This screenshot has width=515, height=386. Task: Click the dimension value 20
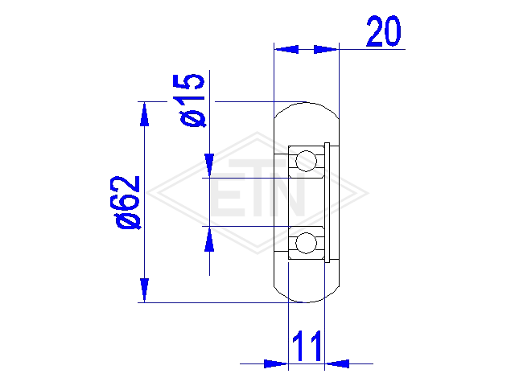[x=384, y=31]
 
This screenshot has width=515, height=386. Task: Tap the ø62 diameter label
[x=126, y=203]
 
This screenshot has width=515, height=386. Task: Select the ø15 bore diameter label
[x=192, y=100]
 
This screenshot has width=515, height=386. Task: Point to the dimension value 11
[x=307, y=346]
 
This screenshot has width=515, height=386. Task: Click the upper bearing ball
[x=306, y=161]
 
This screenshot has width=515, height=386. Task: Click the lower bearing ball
[x=306, y=243]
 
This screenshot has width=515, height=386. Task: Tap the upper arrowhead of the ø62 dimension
[x=144, y=114]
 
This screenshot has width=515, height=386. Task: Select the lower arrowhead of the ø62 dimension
[x=144, y=290]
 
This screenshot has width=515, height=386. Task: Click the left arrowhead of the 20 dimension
[x=286, y=49]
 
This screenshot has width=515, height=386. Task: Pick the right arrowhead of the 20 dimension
[x=326, y=49]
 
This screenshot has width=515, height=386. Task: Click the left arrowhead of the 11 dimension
[x=276, y=363]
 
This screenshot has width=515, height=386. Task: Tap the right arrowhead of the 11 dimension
[x=337, y=363]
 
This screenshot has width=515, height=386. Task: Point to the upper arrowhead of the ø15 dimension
[x=209, y=166]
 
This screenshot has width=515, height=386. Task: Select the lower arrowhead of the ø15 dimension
[x=209, y=239]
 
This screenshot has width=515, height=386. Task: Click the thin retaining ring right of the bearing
[x=327, y=203]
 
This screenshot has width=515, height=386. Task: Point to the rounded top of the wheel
[x=306, y=103]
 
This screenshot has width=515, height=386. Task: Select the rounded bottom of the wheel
[x=306, y=302]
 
